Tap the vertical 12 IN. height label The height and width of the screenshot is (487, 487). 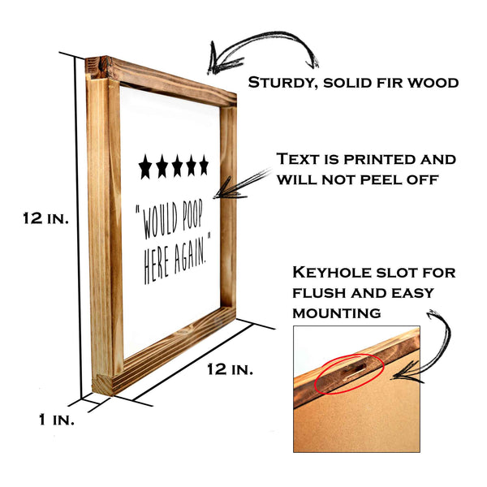click(x=47, y=218)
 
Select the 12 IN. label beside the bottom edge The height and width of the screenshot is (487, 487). click(x=230, y=369)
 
